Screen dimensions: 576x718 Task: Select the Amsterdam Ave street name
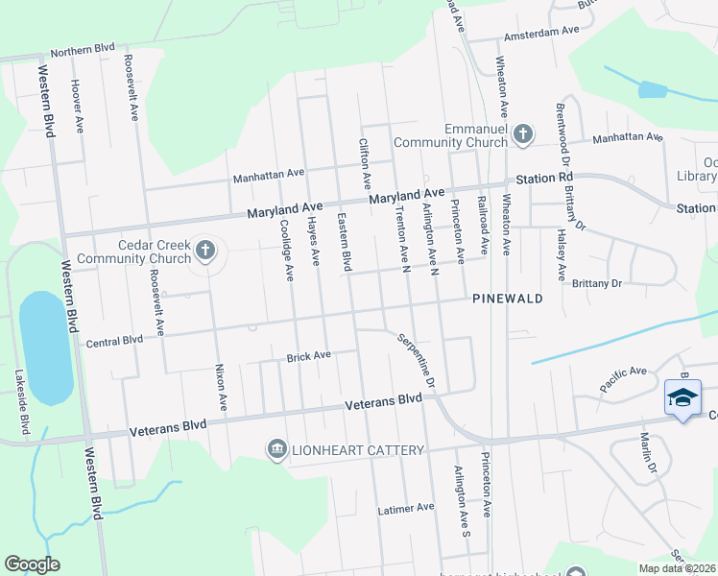(543, 31)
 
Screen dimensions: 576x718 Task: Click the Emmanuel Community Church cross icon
(523, 134)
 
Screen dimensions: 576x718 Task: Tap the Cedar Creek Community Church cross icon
(204, 251)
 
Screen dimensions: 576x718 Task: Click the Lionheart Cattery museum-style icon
(276, 449)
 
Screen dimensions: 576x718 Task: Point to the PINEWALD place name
(508, 299)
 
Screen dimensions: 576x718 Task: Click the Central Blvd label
(114, 340)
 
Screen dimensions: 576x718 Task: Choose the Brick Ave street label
(308, 356)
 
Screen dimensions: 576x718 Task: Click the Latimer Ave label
(406, 507)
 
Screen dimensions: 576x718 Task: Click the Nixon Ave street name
(220, 388)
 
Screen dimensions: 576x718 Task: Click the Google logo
(32, 564)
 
